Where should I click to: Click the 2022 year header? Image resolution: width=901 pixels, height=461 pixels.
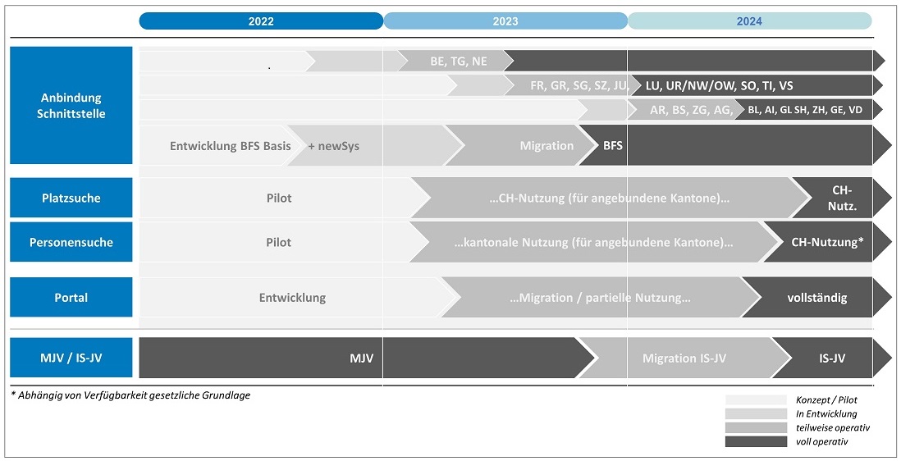click(x=261, y=21)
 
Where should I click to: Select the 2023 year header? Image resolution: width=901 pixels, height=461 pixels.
click(x=505, y=21)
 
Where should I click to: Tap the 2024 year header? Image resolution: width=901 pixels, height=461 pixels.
click(x=749, y=21)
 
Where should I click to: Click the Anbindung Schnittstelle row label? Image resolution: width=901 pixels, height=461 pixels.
click(x=71, y=106)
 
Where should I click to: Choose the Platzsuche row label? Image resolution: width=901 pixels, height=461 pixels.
click(x=71, y=198)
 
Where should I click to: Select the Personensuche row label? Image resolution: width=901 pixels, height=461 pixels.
click(x=71, y=242)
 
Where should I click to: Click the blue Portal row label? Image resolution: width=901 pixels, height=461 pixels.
click(x=71, y=298)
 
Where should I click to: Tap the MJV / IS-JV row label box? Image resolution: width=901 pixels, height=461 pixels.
click(x=71, y=358)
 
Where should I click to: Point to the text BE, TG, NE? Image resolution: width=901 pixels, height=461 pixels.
click(x=459, y=61)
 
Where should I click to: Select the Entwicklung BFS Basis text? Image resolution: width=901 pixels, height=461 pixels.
click(x=231, y=146)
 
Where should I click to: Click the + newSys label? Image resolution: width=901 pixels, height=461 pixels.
click(x=334, y=146)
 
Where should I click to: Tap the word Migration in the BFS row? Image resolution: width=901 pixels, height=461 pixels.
click(x=547, y=146)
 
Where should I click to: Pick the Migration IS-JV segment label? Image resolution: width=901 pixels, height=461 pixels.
click(x=684, y=358)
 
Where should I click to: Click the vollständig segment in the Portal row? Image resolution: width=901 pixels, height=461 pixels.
click(x=817, y=298)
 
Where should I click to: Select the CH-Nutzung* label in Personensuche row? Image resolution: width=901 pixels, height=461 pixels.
click(x=827, y=242)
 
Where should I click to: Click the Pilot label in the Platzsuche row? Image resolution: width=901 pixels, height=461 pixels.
click(x=279, y=198)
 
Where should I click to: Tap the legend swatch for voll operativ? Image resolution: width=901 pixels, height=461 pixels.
click(x=756, y=441)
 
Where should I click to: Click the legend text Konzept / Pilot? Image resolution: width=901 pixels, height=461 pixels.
click(x=826, y=400)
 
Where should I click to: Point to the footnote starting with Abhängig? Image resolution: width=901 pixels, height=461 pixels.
click(x=130, y=395)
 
